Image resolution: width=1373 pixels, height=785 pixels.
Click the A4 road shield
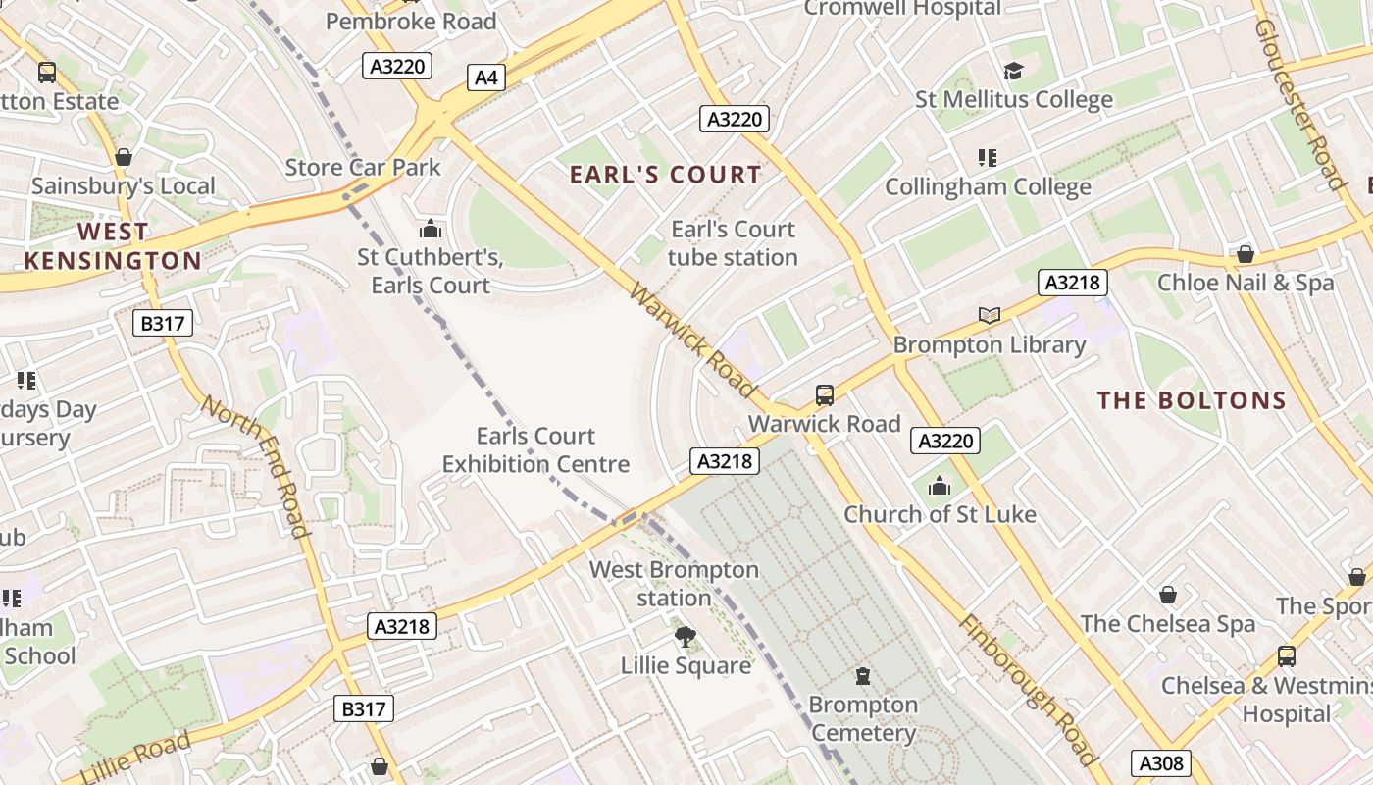[486, 78]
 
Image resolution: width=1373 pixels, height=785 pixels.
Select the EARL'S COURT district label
[665, 175]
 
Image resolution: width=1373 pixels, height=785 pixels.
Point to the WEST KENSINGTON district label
[113, 246]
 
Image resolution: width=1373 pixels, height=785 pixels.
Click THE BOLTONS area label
[1192, 400]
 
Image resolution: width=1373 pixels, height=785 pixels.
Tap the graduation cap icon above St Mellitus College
[1013, 72]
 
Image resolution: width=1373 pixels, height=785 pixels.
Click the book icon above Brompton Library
[990, 315]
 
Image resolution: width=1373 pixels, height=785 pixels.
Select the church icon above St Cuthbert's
[430, 230]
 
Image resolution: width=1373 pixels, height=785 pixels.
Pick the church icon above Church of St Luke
[940, 486]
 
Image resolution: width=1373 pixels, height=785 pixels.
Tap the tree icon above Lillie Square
[686, 637]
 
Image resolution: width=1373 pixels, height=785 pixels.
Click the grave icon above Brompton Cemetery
[863, 676]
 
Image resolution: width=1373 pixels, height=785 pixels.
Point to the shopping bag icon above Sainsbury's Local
[124, 157]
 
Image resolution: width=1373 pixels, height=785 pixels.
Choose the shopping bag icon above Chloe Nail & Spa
[1245, 254]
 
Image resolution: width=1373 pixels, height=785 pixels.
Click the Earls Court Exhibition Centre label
[535, 449]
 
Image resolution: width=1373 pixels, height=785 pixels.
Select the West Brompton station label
[674, 583]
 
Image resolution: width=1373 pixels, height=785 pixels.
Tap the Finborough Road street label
[1027, 690]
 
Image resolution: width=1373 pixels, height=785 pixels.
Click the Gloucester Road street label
[1298, 103]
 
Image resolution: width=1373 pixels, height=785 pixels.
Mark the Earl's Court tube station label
[733, 243]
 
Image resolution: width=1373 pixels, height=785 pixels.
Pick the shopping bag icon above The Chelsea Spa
[1167, 595]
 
